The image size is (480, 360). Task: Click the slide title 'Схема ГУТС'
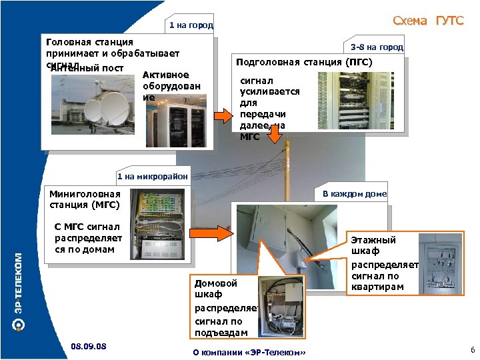[x=427, y=21]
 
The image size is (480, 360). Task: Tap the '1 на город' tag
[x=191, y=26]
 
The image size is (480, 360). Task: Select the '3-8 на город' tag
[x=377, y=47]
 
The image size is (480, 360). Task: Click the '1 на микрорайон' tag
[x=152, y=177]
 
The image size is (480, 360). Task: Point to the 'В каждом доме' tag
[x=354, y=194]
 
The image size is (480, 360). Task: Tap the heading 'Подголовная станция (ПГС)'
[x=303, y=63]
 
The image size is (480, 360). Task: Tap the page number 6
[x=472, y=351]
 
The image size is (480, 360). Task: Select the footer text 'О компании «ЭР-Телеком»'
[x=249, y=351]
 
